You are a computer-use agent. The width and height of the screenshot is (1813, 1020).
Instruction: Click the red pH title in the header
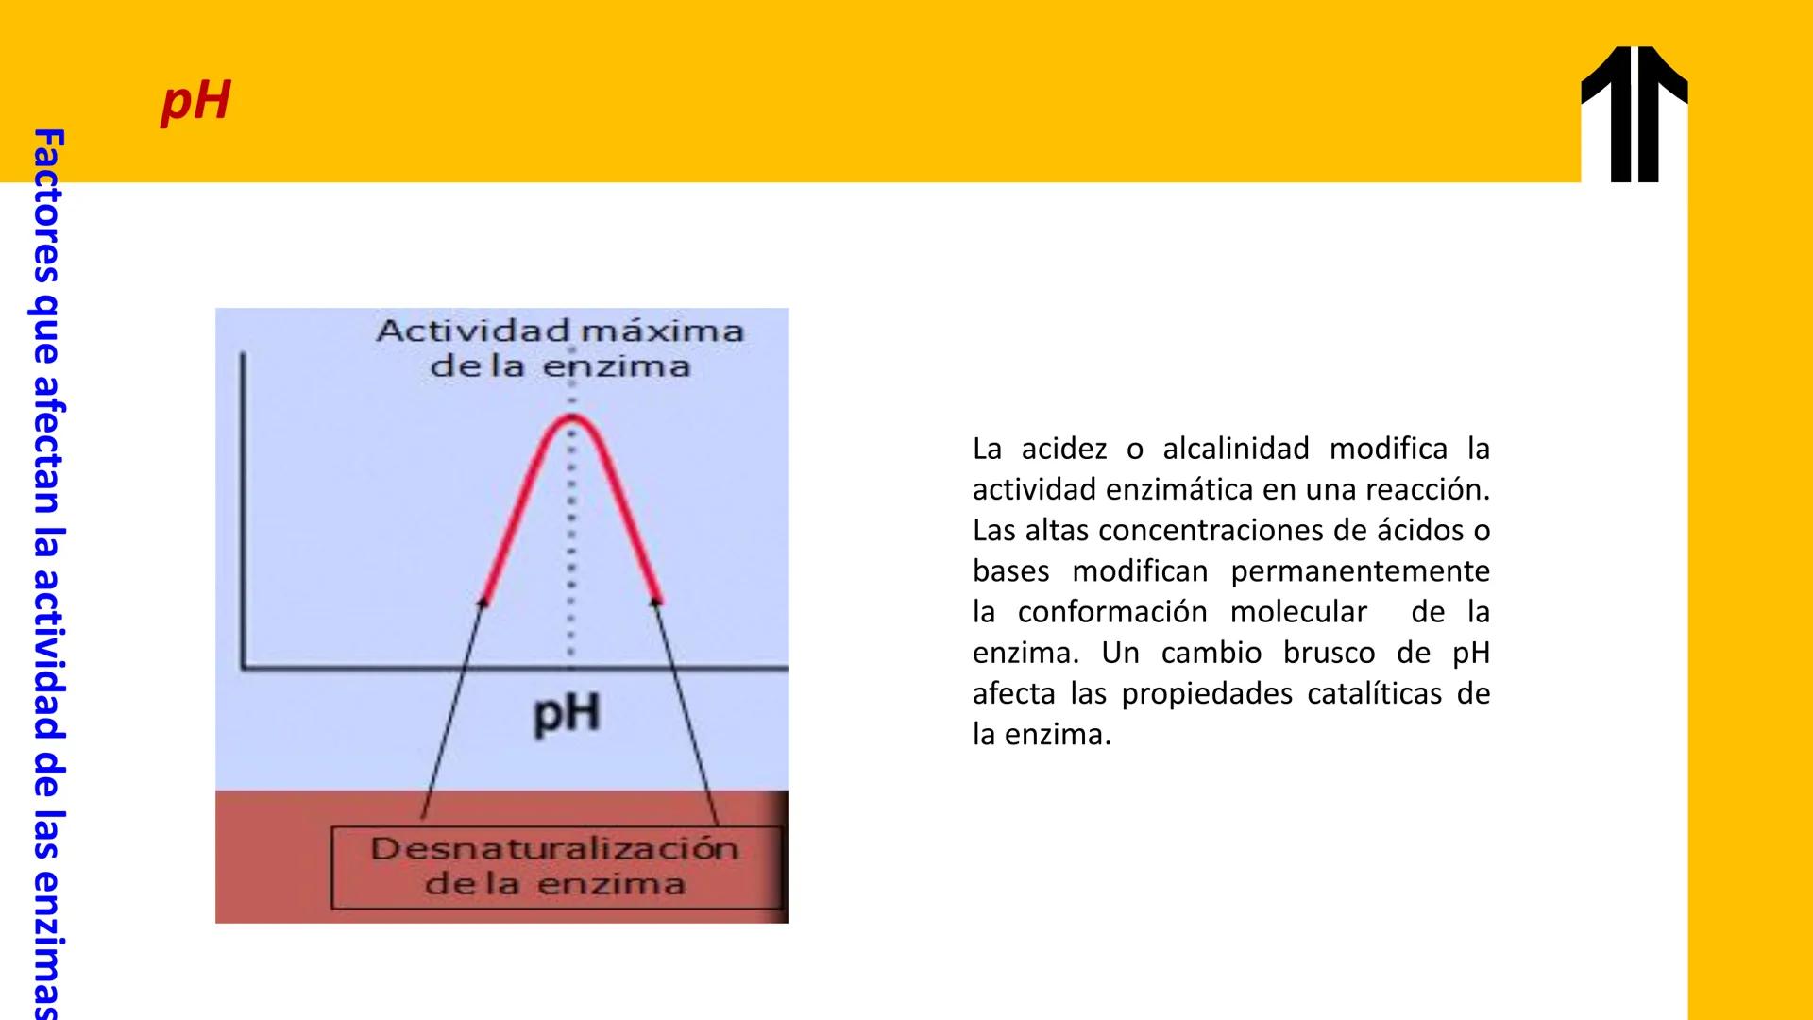coord(195,101)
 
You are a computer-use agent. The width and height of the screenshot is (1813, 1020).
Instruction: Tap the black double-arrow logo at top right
coord(1634,113)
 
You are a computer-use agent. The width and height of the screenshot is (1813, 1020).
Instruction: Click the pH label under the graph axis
coord(567,714)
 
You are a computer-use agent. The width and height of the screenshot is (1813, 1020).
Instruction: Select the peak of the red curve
coord(571,418)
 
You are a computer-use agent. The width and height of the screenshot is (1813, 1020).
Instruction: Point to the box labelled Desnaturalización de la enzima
coord(556,867)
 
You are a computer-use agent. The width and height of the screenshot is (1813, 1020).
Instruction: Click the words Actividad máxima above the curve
coord(560,331)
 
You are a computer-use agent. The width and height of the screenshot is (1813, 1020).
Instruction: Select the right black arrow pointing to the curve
coord(686,708)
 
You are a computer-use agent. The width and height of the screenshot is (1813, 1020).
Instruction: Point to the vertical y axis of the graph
coord(244,510)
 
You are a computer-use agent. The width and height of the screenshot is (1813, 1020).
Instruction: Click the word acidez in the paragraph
coord(1064,449)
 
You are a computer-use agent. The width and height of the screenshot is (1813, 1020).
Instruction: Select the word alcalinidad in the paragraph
coord(1236,449)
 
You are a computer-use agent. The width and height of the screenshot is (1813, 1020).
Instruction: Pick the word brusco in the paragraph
coord(1329,654)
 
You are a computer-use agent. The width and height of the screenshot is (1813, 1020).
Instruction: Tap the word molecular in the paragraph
coord(1298,612)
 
